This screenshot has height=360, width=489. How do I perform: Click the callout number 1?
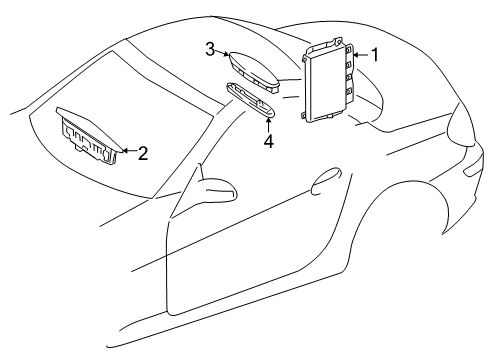click(x=375, y=55)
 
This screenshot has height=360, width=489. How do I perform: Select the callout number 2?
click(x=143, y=154)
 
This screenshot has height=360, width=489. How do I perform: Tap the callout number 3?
click(x=210, y=49)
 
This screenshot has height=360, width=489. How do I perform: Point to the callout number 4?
click(x=268, y=141)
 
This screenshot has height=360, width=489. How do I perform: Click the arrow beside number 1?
click(x=361, y=55)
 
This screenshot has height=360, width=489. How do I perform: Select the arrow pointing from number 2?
click(x=130, y=151)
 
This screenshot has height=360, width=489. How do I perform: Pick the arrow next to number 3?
click(x=222, y=52)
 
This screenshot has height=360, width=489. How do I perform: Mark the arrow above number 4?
click(x=268, y=125)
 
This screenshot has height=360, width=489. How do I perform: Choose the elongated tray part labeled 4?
click(x=251, y=100)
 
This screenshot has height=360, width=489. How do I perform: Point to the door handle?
click(x=326, y=180)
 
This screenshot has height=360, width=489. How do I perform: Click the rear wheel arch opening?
click(x=400, y=187)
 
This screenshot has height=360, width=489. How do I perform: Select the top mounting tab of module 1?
click(x=338, y=42)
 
